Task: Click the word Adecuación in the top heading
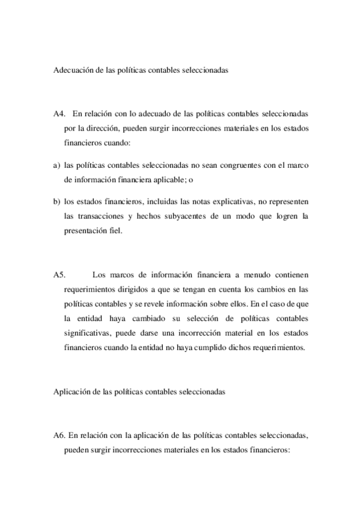click(x=75, y=70)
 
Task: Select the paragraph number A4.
click(x=59, y=114)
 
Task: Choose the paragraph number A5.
click(x=59, y=275)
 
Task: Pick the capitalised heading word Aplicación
click(x=72, y=392)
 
